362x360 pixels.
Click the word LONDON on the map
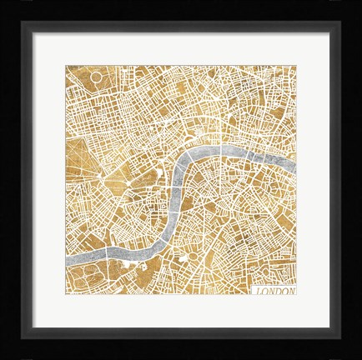coord(274,291)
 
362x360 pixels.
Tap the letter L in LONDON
coord(258,291)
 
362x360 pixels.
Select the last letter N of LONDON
coord(291,291)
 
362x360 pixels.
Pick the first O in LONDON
coord(264,291)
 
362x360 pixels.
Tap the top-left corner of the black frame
coord(3,2)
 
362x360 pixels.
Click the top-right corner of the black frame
coord(359,2)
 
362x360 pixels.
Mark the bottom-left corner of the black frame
coord(3,357)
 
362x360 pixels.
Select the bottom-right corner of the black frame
coord(359,357)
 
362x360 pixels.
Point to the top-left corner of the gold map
coord(66,66)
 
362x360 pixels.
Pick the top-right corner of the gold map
coord(296,66)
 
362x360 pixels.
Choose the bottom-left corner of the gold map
coord(66,295)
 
